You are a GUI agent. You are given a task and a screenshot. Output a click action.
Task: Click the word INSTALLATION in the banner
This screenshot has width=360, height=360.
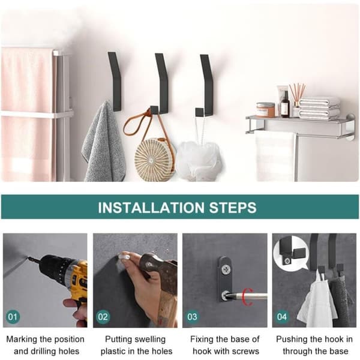[x=151, y=208]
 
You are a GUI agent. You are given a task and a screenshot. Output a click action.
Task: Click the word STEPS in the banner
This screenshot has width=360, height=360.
[x=233, y=208]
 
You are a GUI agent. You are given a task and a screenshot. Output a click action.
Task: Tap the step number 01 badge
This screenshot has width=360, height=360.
[x=13, y=317]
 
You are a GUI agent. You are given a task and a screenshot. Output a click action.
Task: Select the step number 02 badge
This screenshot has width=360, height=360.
[x=103, y=317]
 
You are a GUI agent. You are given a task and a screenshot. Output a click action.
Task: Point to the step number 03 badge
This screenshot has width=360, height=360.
[x=192, y=317]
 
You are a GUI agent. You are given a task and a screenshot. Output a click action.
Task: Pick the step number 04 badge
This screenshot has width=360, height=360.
[x=282, y=317]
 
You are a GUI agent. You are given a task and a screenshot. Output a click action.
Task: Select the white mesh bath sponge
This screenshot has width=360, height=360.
[x=199, y=161]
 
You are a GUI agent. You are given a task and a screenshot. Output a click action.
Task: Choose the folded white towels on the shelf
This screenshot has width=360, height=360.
[x=319, y=108]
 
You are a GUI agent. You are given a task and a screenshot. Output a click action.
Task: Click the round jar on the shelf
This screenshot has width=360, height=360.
[x=265, y=110]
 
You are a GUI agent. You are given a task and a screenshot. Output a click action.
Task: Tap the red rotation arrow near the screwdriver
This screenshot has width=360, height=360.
[x=247, y=296]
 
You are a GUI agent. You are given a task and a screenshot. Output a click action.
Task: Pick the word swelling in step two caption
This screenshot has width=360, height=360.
[x=150, y=340]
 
